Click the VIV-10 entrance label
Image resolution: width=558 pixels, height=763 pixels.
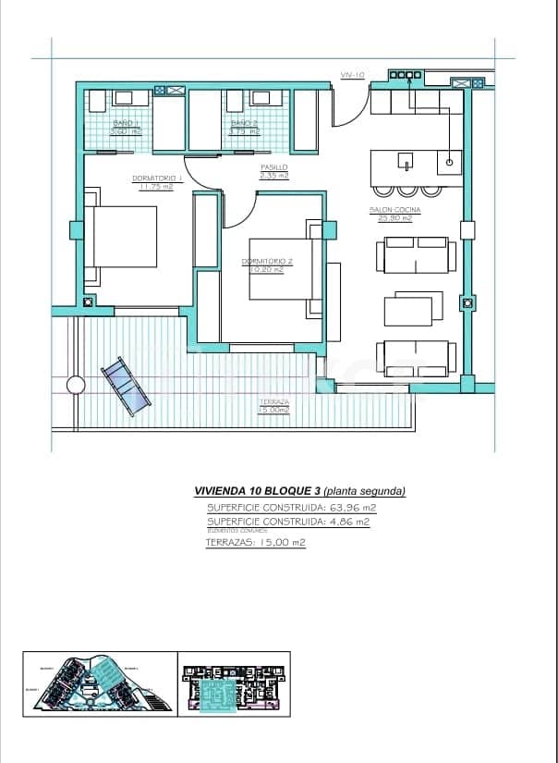[352, 75]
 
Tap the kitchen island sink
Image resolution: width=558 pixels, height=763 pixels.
[405, 163]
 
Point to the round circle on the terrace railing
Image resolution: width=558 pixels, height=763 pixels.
[75, 385]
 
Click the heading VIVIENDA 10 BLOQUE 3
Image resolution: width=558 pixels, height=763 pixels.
[258, 491]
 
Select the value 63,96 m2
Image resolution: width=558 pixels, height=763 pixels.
[345, 508]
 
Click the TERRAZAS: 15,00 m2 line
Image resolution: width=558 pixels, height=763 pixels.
[255, 543]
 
